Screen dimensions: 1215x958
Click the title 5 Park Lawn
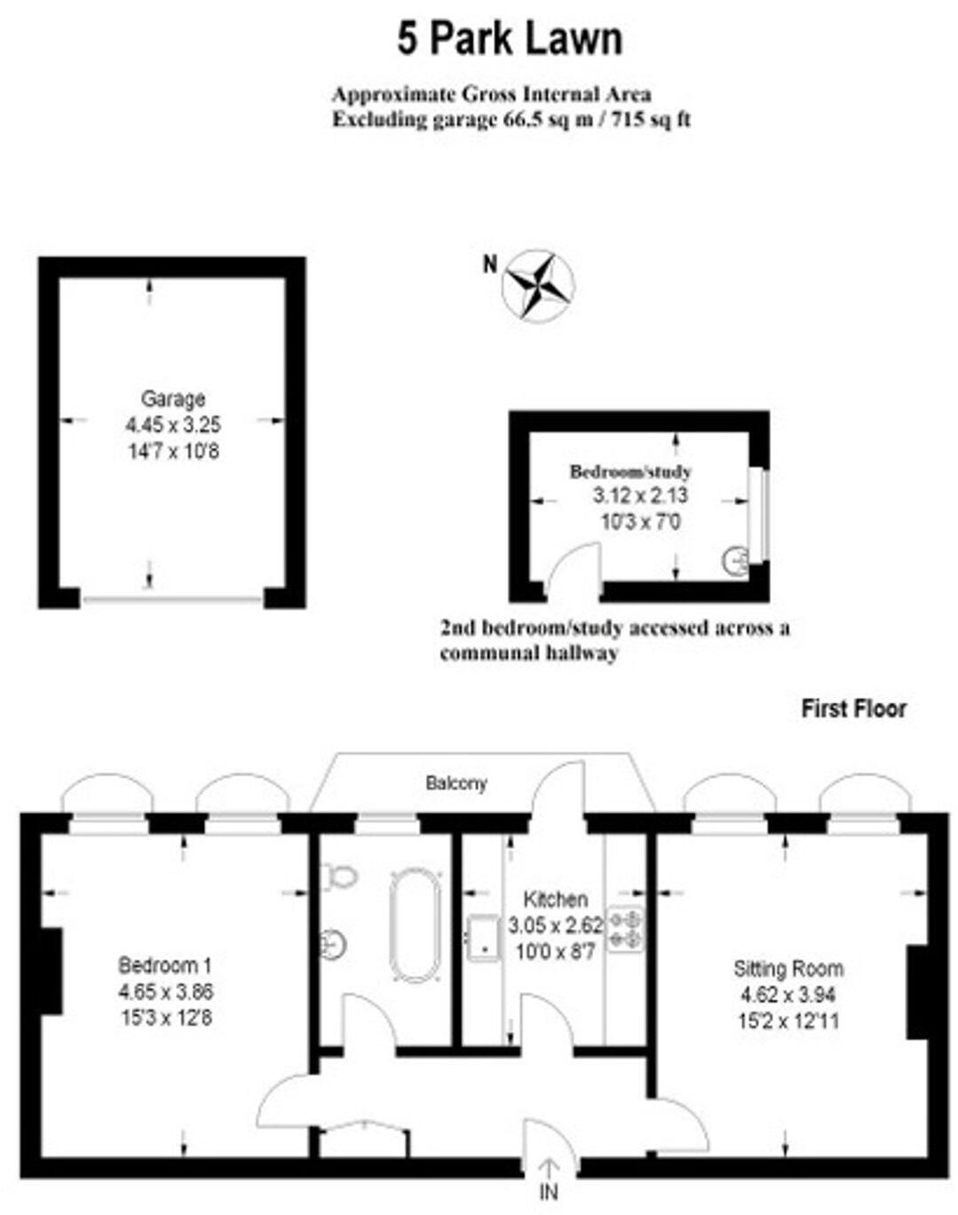(510, 39)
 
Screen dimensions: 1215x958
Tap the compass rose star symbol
(538, 286)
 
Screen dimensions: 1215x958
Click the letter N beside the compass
(489, 264)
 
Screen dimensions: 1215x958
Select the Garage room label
(173, 399)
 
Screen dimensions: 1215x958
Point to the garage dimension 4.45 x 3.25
(173, 425)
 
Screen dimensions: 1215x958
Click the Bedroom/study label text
(629, 472)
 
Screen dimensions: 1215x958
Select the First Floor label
(853, 709)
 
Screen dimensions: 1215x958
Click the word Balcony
(456, 783)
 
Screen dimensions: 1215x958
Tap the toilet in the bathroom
(340, 876)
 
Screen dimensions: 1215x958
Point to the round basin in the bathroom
(334, 942)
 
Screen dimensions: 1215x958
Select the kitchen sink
(483, 937)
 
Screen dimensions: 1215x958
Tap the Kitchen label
(555, 899)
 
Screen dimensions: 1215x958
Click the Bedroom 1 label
(165, 965)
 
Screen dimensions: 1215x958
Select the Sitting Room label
(788, 968)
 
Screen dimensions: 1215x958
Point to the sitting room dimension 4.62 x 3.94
(788, 995)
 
